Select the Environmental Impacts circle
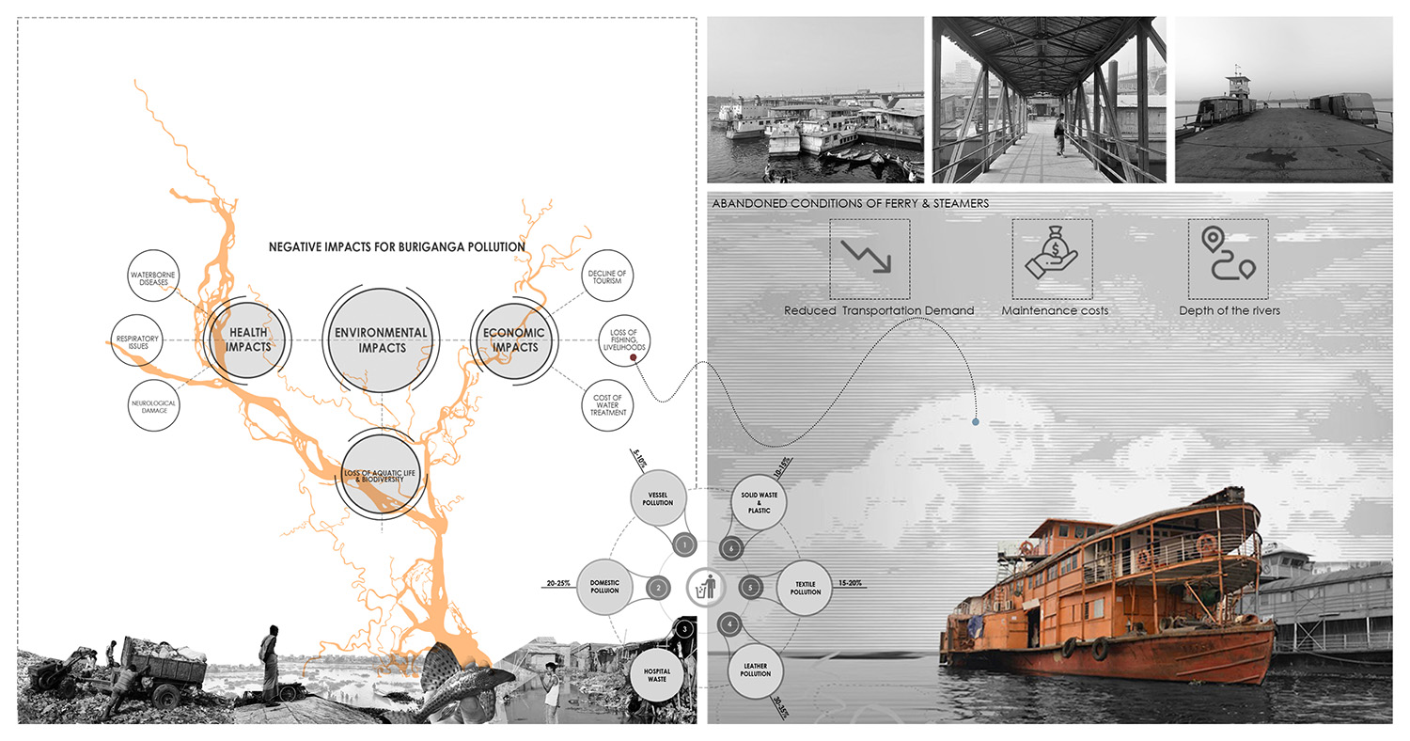[x=382, y=339]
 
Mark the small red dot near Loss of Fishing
[x=634, y=358]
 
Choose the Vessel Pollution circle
[x=659, y=497]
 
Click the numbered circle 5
[x=749, y=588]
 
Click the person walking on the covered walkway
[x=1059, y=134]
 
